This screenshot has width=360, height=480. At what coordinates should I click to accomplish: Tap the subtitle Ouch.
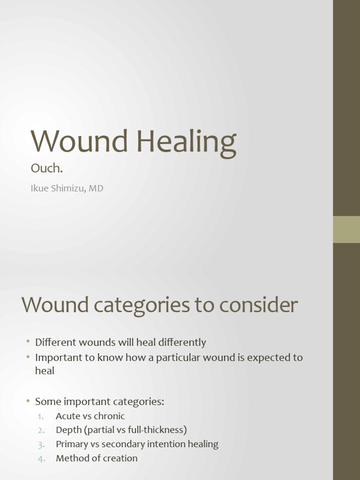(46, 168)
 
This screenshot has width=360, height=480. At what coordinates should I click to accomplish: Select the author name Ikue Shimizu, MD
(67, 188)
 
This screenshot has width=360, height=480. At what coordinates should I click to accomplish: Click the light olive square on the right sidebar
(346, 229)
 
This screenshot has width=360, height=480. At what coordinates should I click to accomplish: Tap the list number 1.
(41, 416)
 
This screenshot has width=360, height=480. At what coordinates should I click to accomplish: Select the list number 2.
(41, 430)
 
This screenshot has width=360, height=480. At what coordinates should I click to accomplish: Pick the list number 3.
(41, 444)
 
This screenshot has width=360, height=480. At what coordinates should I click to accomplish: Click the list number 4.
(41, 458)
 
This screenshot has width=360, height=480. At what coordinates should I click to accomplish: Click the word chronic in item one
(109, 416)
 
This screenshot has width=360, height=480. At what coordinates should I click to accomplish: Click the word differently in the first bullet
(180, 343)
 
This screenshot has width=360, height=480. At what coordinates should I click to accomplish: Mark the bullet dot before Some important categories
(28, 401)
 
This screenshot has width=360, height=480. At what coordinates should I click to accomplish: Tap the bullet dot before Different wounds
(28, 342)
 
